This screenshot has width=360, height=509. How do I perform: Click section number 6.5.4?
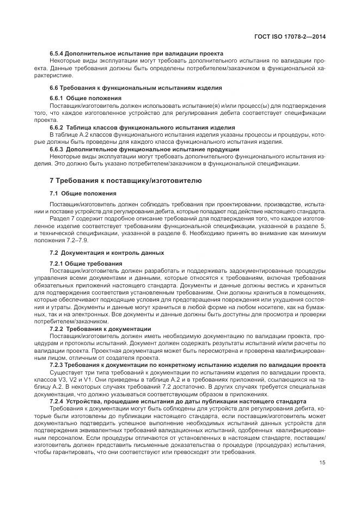58,54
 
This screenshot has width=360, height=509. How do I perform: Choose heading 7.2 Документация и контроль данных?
107,253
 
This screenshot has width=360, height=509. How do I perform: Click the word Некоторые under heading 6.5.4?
65,61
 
